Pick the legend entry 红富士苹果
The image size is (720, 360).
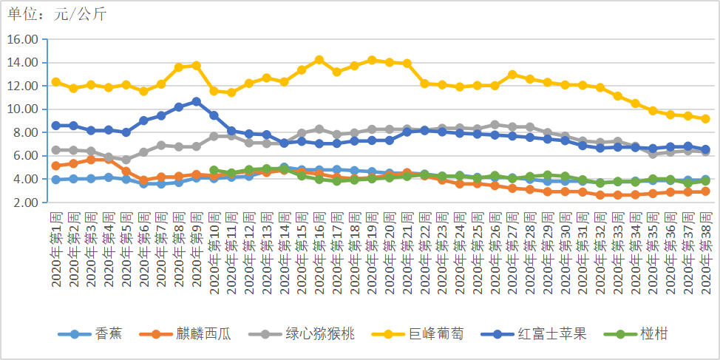point(551,333)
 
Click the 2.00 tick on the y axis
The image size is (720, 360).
point(24,203)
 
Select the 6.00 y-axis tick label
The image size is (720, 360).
point(24,156)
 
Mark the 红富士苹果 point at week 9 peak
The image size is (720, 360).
point(196,101)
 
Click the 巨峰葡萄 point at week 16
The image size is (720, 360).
point(319,60)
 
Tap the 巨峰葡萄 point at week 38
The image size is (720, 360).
point(705,118)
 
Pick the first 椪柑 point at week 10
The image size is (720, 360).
point(214,171)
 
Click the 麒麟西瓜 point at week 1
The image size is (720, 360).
point(55,166)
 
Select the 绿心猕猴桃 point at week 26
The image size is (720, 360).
point(495,125)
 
